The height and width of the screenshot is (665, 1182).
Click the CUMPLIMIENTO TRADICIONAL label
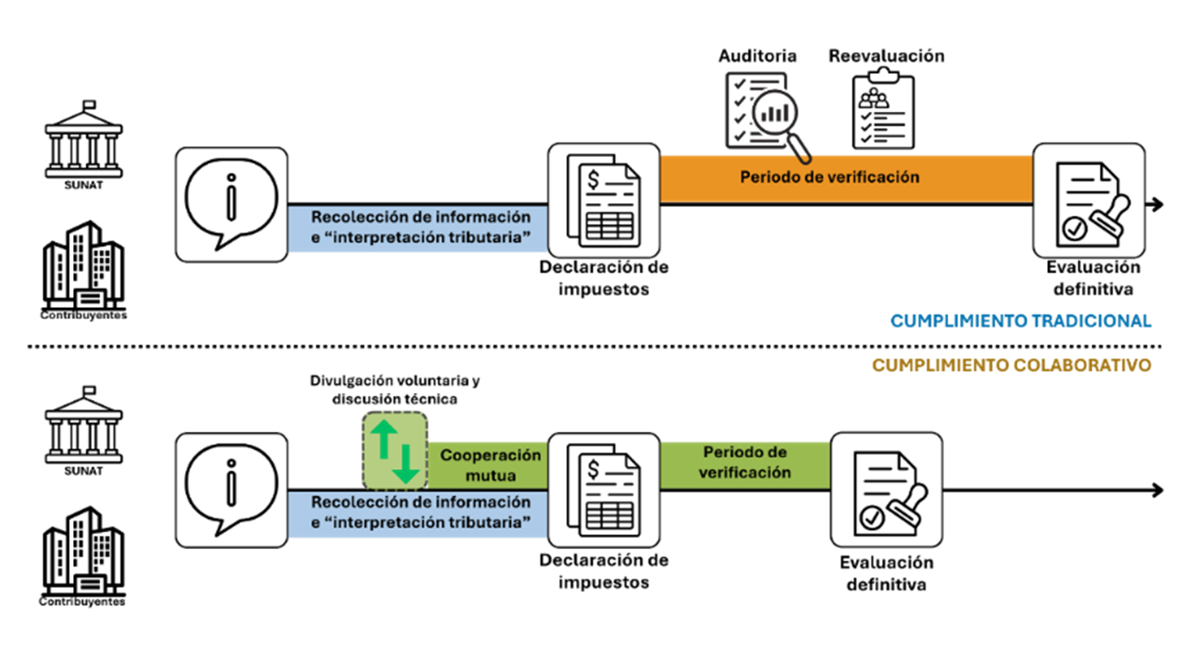[1020, 321]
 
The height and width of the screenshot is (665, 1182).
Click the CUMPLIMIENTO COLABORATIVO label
[1011, 365]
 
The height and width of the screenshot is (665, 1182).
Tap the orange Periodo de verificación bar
[846, 179]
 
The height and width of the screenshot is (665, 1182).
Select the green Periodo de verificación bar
[744, 463]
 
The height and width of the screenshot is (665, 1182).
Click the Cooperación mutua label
[490, 465]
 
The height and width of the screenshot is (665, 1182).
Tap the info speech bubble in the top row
[231, 204]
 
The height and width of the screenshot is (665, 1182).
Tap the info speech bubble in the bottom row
[231, 490]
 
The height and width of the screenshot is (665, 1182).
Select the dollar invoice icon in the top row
[604, 201]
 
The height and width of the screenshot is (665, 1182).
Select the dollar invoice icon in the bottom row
[604, 490]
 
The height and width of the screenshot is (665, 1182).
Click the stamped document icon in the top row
[1088, 201]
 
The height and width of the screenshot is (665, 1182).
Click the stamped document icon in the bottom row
[886, 490]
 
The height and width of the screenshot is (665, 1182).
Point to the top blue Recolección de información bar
[418, 228]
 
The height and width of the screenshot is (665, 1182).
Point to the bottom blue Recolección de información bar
[418, 513]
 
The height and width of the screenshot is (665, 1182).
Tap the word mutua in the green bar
[490, 475]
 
